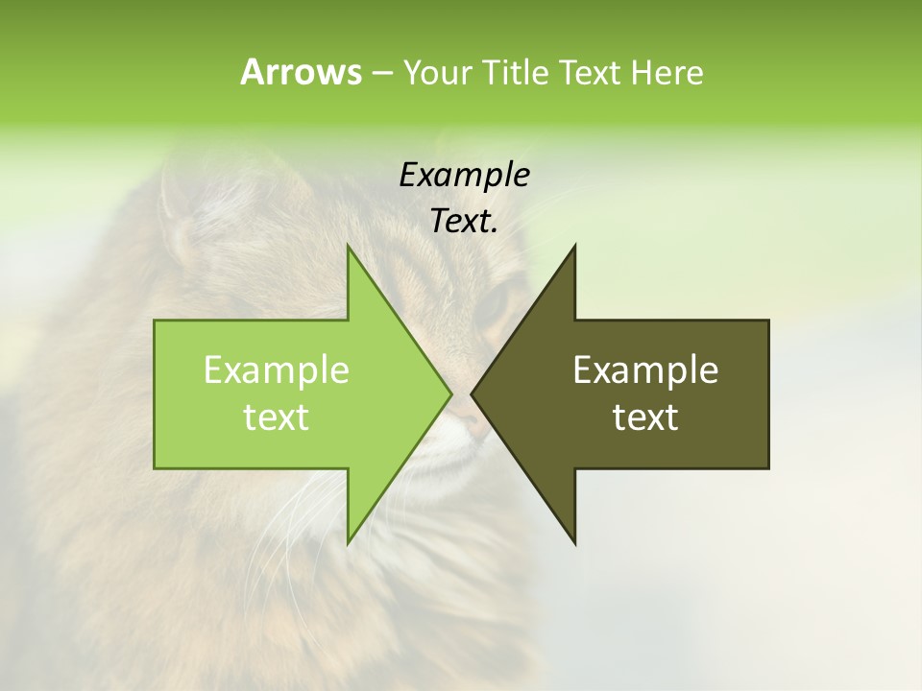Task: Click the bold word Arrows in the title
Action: (x=301, y=72)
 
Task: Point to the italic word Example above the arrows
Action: (x=464, y=176)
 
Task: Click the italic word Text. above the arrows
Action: (x=464, y=222)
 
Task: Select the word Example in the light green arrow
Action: (x=277, y=370)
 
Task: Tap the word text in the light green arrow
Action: (x=277, y=417)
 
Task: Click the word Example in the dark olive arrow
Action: (x=645, y=370)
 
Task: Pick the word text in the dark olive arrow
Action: (x=645, y=417)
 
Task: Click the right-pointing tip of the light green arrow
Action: (x=449, y=393)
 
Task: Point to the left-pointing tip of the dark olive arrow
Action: (x=473, y=393)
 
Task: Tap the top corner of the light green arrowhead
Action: (x=349, y=248)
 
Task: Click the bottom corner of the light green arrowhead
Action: (x=349, y=541)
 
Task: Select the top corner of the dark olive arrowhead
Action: (x=574, y=248)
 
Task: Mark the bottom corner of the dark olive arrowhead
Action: (x=574, y=541)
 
